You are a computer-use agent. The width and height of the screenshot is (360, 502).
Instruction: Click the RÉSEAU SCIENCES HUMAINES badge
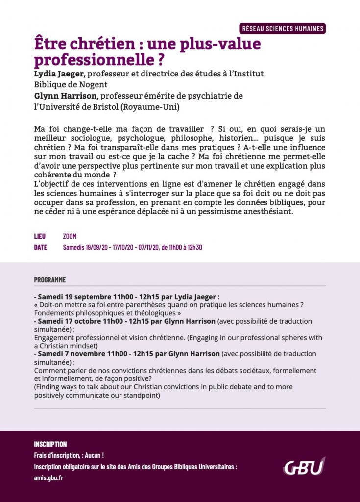283,28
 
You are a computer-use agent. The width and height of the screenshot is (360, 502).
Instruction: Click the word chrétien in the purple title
92,45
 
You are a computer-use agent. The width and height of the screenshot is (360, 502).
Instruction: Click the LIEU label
40,236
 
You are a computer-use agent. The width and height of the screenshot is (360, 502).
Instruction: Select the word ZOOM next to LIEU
70,236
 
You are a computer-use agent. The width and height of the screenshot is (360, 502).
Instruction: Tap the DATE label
41,247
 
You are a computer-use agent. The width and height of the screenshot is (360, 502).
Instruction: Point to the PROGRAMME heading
49,280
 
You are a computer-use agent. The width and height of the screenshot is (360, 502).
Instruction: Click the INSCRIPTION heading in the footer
50,444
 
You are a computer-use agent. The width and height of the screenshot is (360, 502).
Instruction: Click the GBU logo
304,466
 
